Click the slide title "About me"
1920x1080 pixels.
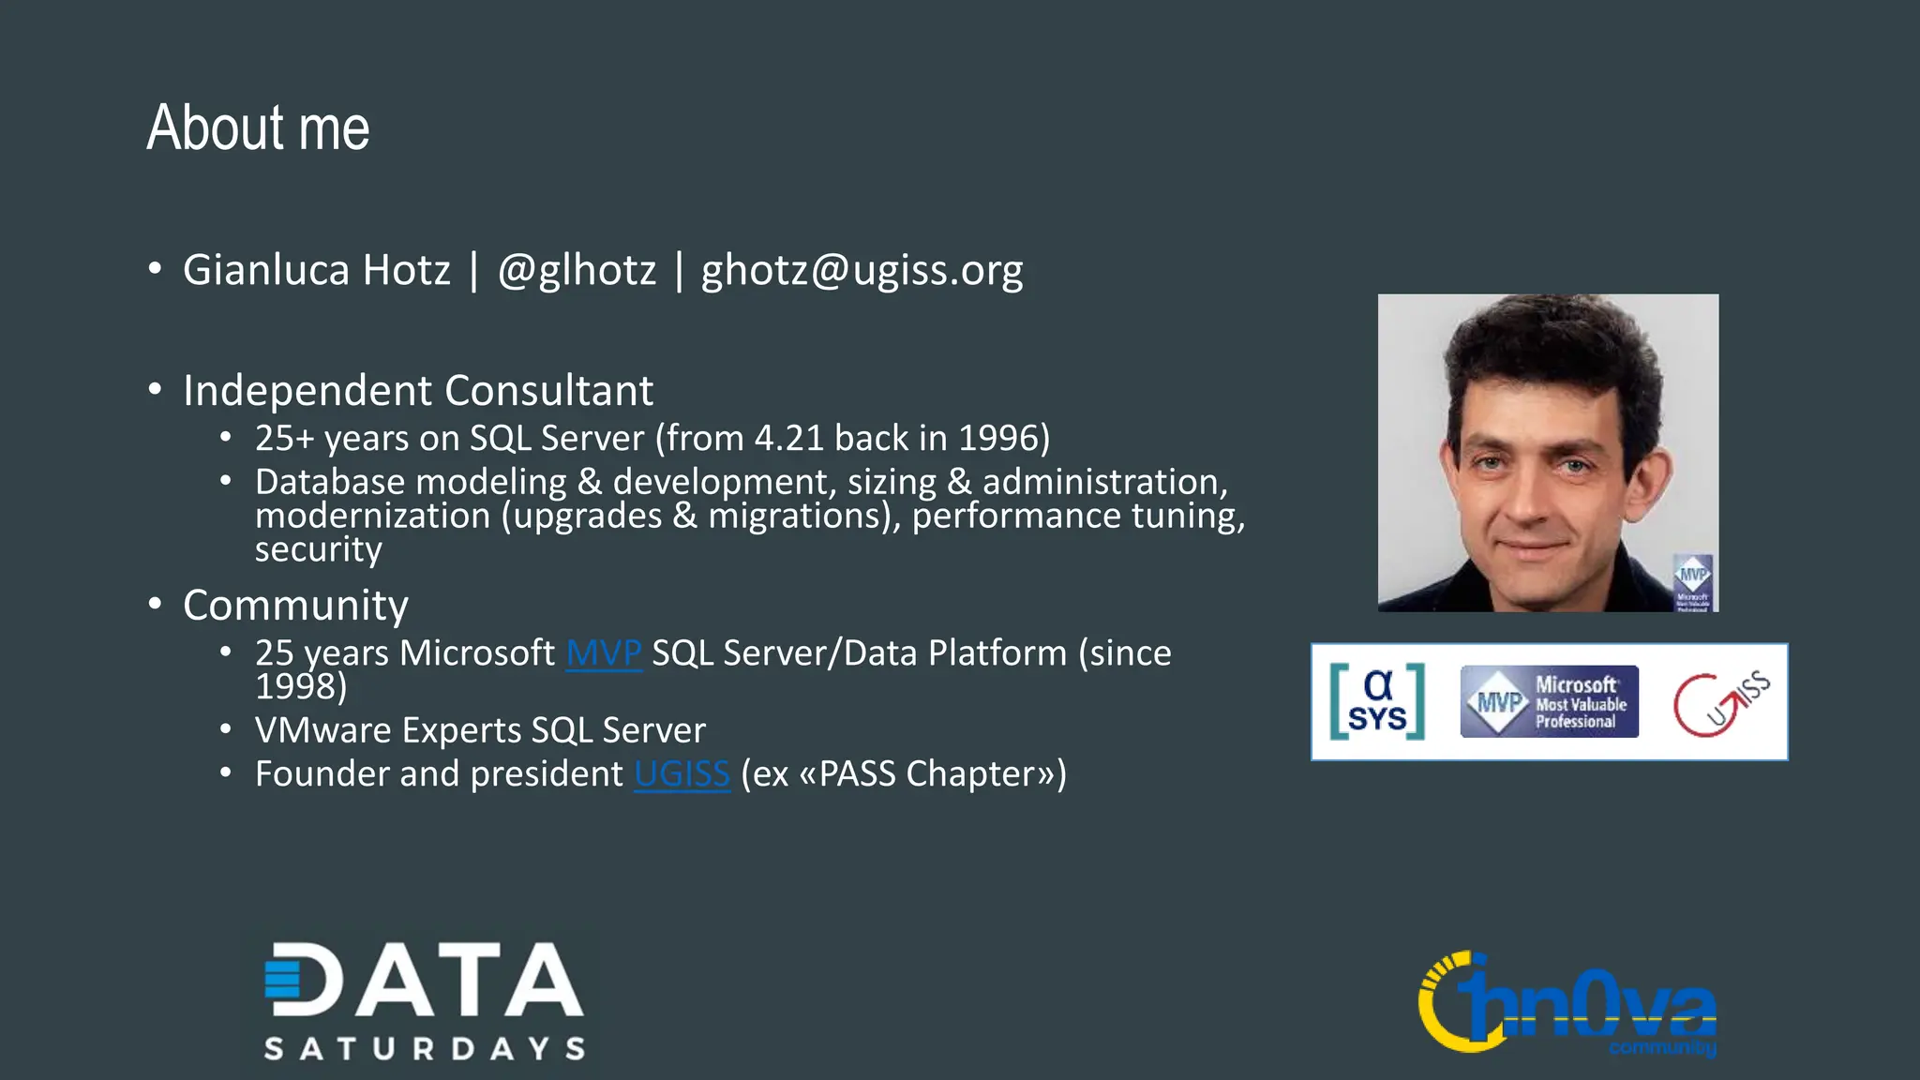[258, 128]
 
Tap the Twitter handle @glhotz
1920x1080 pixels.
[577, 271]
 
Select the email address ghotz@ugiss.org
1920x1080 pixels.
[862, 271]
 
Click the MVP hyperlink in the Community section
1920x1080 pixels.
[604, 653]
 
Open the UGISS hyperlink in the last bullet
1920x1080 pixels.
[682, 774]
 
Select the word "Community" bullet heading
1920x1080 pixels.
[295, 606]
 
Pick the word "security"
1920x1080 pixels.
[318, 549]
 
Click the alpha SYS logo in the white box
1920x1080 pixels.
[1377, 701]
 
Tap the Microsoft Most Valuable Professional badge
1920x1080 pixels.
[1549, 701]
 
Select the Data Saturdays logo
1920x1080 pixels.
[424, 1001]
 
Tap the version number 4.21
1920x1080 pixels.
[788, 439]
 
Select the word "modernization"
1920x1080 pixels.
[372, 516]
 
